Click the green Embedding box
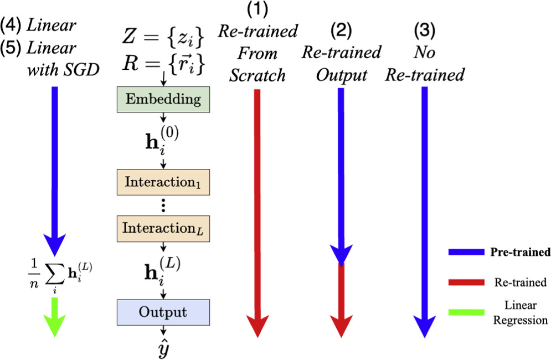pos(163,99)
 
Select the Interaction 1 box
pos(163,182)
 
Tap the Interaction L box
pos(163,228)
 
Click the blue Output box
pos(163,312)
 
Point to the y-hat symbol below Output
pos(163,349)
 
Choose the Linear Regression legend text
pos(520,313)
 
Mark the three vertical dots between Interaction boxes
pos(163,205)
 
